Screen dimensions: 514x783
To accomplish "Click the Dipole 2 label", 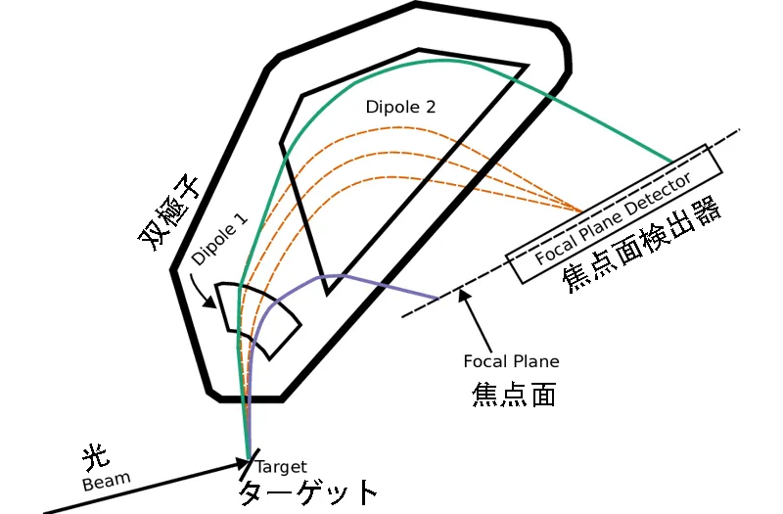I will tap(400, 109).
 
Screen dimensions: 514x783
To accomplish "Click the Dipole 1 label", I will tap(219, 240).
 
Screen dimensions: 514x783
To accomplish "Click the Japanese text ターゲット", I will tap(307, 491).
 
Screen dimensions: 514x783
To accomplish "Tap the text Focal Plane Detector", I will tap(615, 220).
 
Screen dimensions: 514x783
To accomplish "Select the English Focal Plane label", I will tap(511, 361).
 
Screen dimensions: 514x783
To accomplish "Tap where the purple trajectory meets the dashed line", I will tap(438, 298).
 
